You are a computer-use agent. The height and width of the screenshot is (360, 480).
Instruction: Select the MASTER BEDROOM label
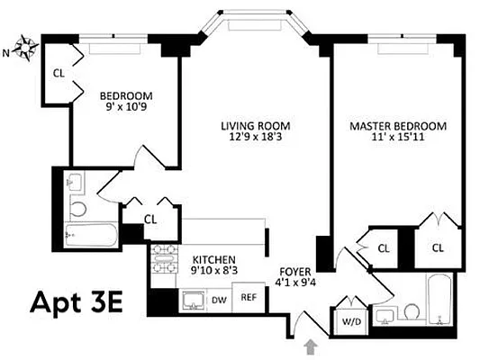point(394,126)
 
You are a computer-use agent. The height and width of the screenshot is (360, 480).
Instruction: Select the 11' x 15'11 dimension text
point(394,139)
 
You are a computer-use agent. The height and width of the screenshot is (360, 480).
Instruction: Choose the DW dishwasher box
point(219,299)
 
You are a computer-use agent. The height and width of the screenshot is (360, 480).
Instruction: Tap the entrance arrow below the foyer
point(312,346)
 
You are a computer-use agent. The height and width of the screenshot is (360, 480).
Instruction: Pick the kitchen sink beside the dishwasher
point(193,300)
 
